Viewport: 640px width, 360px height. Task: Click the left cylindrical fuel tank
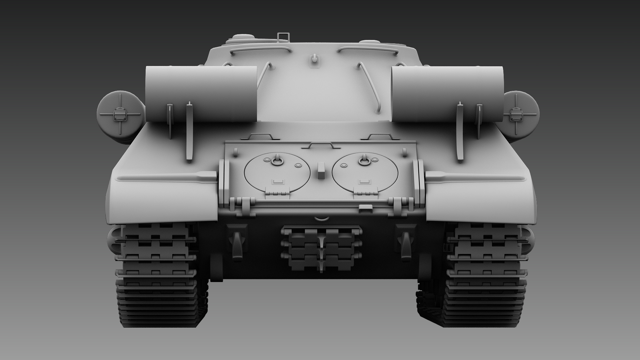click(x=201, y=93)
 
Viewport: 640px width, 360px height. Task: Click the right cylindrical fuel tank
click(x=447, y=93)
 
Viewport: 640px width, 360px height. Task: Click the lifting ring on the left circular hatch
click(x=277, y=161)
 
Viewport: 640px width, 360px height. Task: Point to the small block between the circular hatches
click(x=321, y=171)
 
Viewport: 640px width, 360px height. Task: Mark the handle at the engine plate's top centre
click(x=321, y=146)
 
